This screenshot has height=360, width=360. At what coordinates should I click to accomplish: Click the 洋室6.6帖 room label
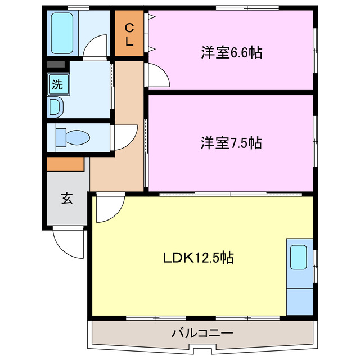click(x=232, y=53)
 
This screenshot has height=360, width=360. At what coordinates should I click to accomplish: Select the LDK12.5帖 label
click(x=199, y=258)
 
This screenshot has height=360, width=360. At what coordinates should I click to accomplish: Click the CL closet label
click(x=129, y=34)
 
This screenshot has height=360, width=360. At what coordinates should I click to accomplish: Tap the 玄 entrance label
click(x=66, y=198)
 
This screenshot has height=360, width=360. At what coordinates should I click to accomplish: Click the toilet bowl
click(x=76, y=137)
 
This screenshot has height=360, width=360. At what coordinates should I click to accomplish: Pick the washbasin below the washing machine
click(x=56, y=106)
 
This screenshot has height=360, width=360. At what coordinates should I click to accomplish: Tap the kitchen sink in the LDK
click(x=298, y=258)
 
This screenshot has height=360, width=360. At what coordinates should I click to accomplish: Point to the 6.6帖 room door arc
click(x=159, y=76)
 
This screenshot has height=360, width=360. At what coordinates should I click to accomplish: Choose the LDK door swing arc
click(x=109, y=209)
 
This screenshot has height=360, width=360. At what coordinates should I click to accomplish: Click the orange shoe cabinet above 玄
click(x=65, y=164)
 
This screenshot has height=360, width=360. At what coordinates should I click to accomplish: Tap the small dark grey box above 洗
click(x=56, y=65)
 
